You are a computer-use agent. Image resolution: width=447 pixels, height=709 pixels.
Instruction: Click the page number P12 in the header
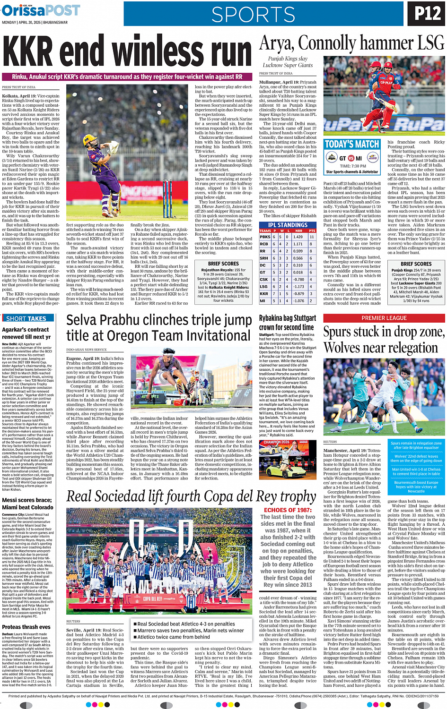428,13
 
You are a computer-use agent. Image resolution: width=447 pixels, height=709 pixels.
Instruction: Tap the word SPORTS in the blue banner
254,15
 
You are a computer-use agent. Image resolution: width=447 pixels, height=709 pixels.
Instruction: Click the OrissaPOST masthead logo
41,10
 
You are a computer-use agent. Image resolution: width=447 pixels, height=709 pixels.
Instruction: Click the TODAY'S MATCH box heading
352,145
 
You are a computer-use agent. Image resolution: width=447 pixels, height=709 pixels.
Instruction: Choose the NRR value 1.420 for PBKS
298,237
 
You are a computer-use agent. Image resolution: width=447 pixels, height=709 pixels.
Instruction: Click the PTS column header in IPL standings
312,231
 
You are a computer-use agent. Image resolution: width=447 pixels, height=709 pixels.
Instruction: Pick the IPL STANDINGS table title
288,225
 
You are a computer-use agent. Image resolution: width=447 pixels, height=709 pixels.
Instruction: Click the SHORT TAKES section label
26,319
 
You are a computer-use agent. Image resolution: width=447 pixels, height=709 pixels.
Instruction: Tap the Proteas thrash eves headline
26,627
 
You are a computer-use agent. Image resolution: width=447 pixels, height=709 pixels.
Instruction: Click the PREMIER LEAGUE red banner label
384,318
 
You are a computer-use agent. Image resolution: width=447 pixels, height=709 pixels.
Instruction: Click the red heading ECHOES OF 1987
288,510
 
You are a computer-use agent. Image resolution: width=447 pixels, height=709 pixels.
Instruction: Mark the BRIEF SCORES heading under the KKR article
223,264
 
